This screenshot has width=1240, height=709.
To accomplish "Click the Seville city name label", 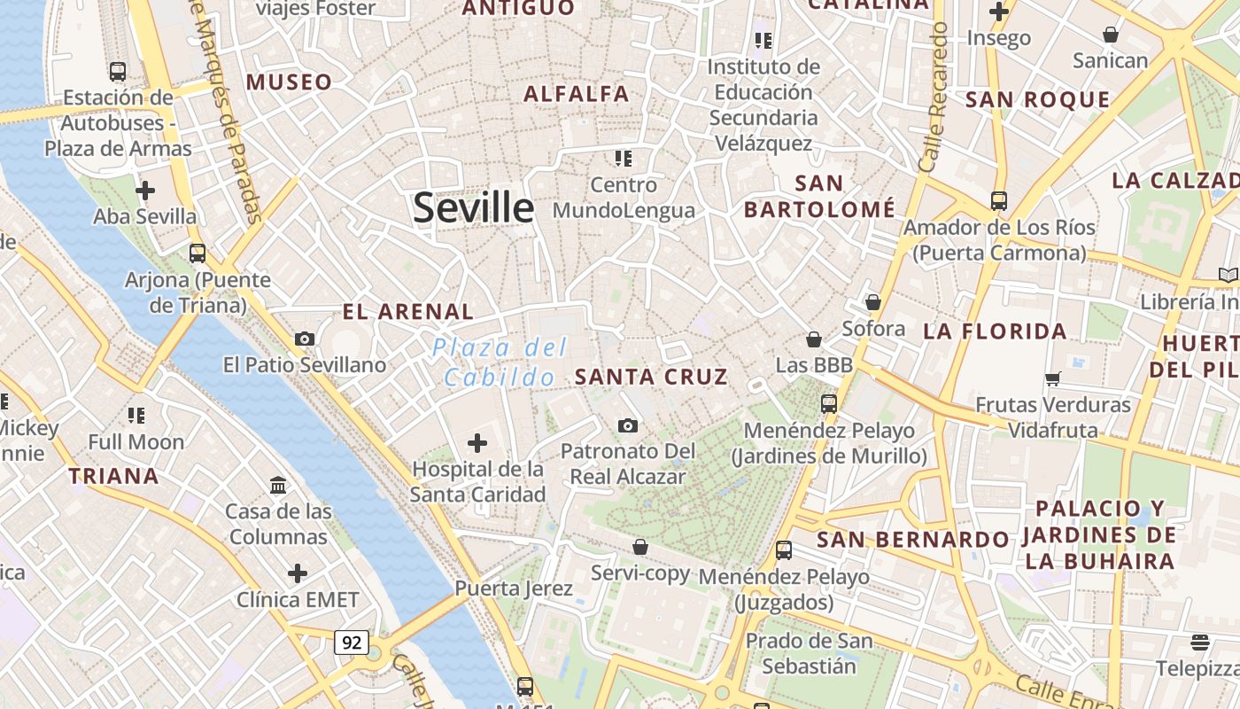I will click(x=474, y=207).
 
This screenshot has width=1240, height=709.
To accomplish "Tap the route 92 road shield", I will click(x=352, y=643).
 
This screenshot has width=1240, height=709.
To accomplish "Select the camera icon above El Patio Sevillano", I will click(x=305, y=339).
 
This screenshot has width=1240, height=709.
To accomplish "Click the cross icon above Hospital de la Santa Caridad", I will click(x=477, y=442).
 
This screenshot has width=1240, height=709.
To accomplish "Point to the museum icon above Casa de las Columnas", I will click(x=278, y=485).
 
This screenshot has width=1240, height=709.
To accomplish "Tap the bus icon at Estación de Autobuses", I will click(x=117, y=71).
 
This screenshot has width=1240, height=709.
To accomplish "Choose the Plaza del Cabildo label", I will click(x=500, y=362).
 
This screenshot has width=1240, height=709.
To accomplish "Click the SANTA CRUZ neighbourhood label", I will click(x=651, y=377).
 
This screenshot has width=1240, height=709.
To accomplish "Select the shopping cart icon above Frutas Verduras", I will click(x=1053, y=378).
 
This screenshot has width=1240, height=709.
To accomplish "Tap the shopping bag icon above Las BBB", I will click(x=814, y=339).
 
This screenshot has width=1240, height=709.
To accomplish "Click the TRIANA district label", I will click(x=114, y=476).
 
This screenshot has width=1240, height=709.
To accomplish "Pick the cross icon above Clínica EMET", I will click(x=298, y=573).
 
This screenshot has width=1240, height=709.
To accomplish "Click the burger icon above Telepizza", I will click(x=1200, y=642).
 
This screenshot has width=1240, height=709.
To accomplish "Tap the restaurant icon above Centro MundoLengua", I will click(x=624, y=159).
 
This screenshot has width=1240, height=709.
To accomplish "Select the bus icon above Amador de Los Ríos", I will click(x=999, y=200).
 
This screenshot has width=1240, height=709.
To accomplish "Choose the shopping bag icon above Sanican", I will click(x=1110, y=35).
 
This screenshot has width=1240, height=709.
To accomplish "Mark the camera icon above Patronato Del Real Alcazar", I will click(x=628, y=425).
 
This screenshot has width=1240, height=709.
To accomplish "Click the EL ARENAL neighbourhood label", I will click(x=408, y=312).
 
